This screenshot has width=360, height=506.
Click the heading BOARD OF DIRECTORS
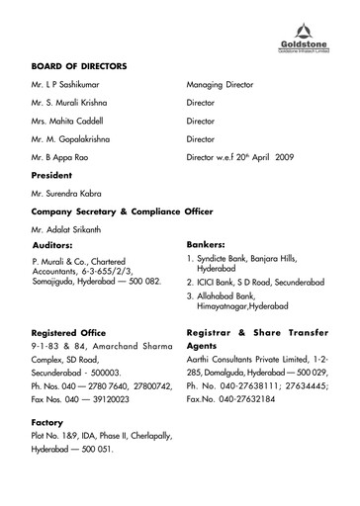point(79,66)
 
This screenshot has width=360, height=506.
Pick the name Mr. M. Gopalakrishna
point(75,139)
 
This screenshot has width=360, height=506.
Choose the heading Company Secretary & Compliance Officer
point(123,211)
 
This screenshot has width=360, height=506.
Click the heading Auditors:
point(57,243)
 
